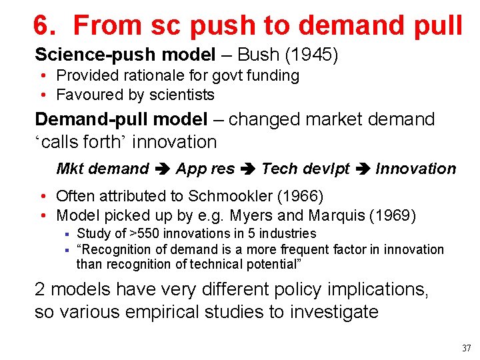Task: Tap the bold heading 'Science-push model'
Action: [125, 54]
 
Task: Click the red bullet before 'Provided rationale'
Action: [42, 76]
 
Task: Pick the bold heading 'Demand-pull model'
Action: [121, 119]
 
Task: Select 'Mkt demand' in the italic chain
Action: [103, 169]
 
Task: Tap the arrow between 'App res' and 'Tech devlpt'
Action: [248, 169]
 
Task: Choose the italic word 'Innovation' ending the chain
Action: [416, 169]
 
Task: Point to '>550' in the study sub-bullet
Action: [142, 233]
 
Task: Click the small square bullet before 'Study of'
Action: [67, 234]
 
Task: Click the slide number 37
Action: [465, 348]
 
